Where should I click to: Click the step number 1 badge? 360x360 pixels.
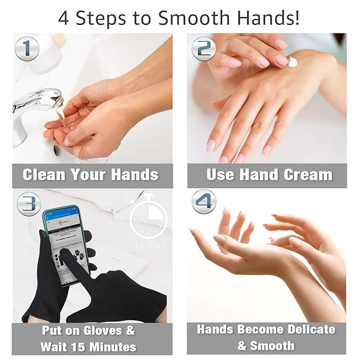point(28,49)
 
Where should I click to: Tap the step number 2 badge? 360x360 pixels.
point(204,49)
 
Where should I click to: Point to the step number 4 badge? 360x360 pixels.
point(204,203)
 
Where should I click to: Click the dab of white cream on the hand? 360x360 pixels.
point(292,62)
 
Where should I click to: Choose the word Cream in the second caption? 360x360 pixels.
point(311,175)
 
